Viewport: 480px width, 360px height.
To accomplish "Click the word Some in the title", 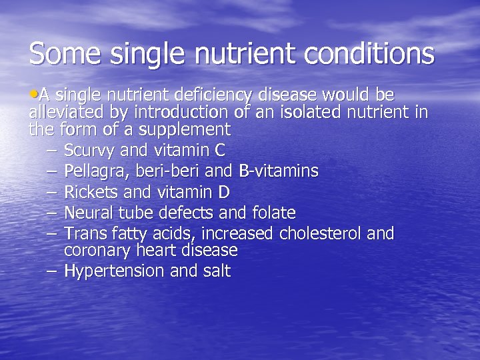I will coord(61,53).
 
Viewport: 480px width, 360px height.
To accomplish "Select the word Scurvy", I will coord(88,151).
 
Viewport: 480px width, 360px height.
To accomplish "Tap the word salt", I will coord(217,271).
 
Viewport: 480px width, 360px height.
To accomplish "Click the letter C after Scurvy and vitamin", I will coord(220,151).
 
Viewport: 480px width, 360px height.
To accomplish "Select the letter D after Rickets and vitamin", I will coord(223,193).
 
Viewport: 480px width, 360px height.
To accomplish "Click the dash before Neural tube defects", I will coord(53,214).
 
